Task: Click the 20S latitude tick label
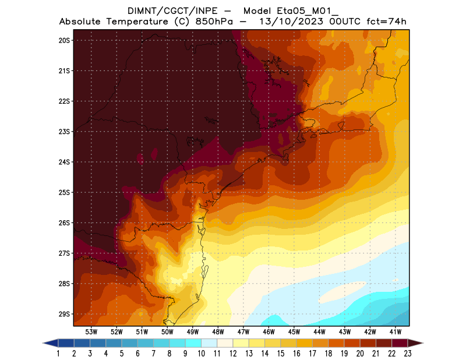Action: (x=64, y=40)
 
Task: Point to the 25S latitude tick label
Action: (x=64, y=192)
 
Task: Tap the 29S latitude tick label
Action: (x=64, y=314)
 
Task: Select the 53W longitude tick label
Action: (x=91, y=331)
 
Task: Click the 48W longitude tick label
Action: (x=218, y=331)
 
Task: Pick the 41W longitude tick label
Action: (x=396, y=331)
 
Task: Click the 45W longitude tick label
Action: (x=295, y=331)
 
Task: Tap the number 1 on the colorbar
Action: (x=59, y=354)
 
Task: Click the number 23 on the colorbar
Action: (x=407, y=354)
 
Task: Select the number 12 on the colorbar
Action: (x=233, y=354)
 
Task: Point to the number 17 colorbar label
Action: (x=312, y=354)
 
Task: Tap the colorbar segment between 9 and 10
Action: (x=193, y=343)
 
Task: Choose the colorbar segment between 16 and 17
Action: (x=304, y=343)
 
